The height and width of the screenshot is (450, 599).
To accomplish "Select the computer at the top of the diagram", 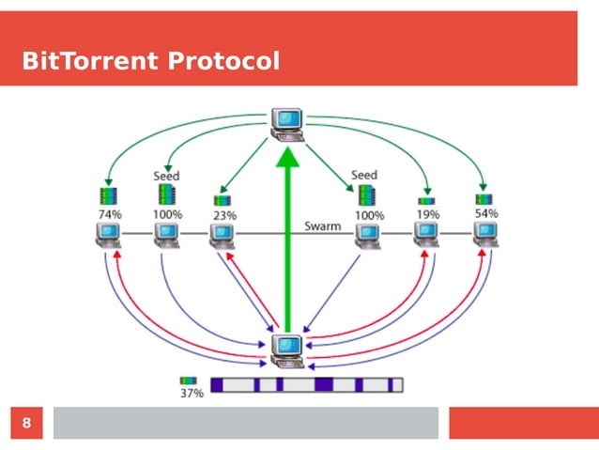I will point(287,123).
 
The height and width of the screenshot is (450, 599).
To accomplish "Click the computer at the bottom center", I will point(287,349).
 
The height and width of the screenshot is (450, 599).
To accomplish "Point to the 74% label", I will point(110,214).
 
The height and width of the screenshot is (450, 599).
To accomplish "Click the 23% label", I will point(224,215).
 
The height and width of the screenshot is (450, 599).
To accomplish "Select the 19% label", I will point(428,214).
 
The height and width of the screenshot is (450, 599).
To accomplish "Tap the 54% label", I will point(485,213).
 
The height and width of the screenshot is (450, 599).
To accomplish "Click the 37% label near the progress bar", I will point(192,395).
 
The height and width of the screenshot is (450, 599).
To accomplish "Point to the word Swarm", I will point(321,226).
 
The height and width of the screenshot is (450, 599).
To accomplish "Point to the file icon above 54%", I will point(484,198).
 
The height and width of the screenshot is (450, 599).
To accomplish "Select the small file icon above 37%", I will point(188,381).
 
